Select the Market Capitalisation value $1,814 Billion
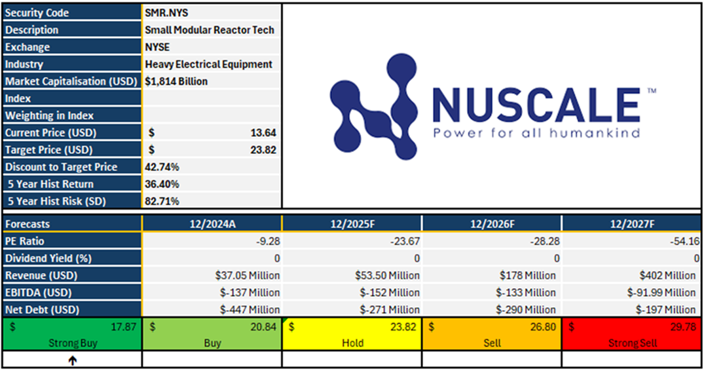point(177,81)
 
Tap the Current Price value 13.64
point(263,133)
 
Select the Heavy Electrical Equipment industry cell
point(209,64)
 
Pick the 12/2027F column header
point(631,224)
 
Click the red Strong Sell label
point(631,343)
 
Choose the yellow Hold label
point(352,343)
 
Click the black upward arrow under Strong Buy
point(72,360)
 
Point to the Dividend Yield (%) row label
point(48,258)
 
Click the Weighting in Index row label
point(50,115)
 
